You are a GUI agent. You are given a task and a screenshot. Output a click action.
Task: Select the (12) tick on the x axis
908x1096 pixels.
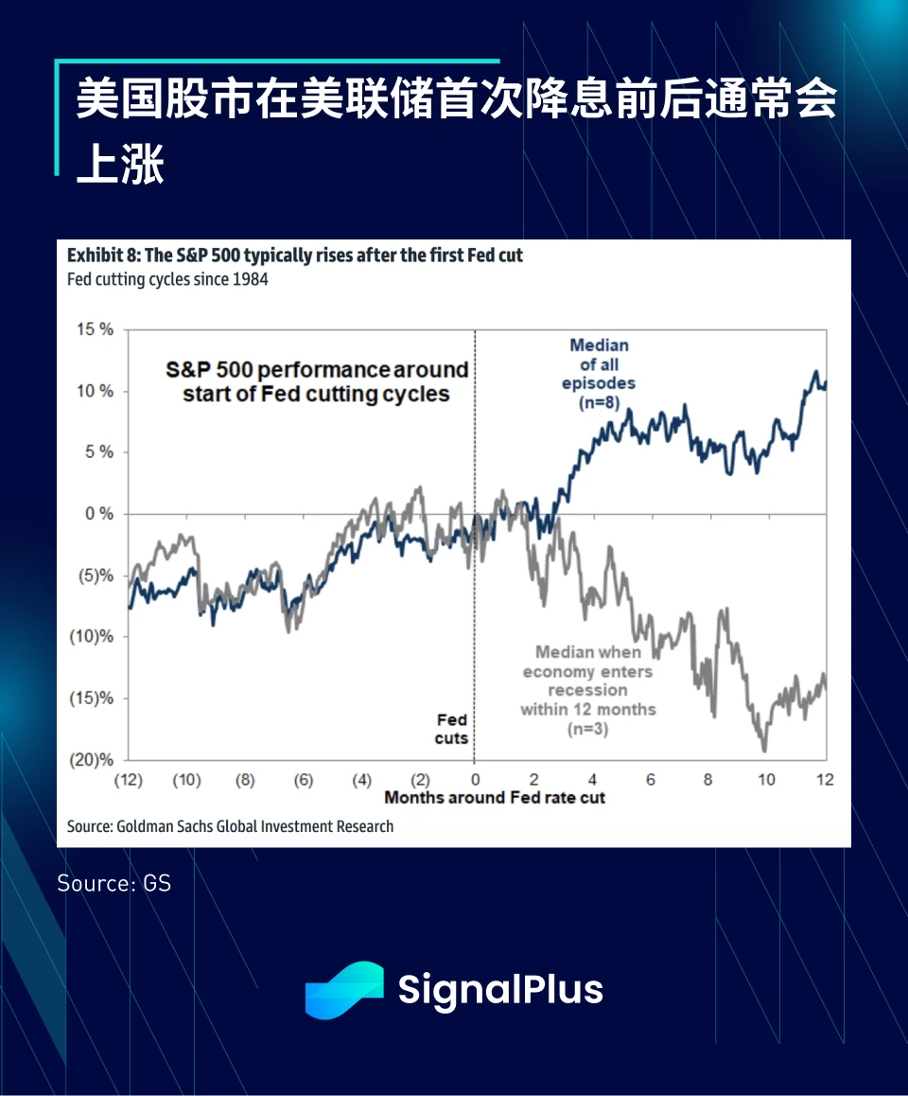point(128,780)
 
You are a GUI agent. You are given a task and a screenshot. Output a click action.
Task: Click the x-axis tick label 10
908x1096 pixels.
point(766,780)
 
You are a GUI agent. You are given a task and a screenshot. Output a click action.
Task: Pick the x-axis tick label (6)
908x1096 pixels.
point(304,780)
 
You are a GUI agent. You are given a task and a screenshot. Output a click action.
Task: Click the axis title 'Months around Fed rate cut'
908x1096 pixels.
point(495,798)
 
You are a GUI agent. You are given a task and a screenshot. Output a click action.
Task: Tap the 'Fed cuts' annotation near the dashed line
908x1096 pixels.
point(451,729)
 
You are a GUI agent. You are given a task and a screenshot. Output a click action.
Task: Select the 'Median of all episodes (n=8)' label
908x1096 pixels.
point(599,374)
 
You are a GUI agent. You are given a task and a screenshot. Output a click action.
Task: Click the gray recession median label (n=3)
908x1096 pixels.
point(587,690)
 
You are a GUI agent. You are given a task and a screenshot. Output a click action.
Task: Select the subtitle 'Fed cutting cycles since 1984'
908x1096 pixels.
point(167,280)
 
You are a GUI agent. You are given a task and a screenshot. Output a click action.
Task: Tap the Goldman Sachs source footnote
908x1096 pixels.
point(230,826)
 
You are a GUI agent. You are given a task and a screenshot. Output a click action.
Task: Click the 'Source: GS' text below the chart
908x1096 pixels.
point(113,883)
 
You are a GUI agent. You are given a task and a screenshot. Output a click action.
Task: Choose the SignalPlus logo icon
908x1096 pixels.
point(343,990)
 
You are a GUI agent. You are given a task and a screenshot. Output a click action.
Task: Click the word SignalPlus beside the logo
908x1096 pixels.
point(499,990)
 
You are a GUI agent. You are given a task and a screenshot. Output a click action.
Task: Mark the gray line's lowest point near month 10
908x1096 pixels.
point(763,751)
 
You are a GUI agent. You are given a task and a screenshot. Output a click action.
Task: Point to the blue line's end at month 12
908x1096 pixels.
point(825,384)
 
